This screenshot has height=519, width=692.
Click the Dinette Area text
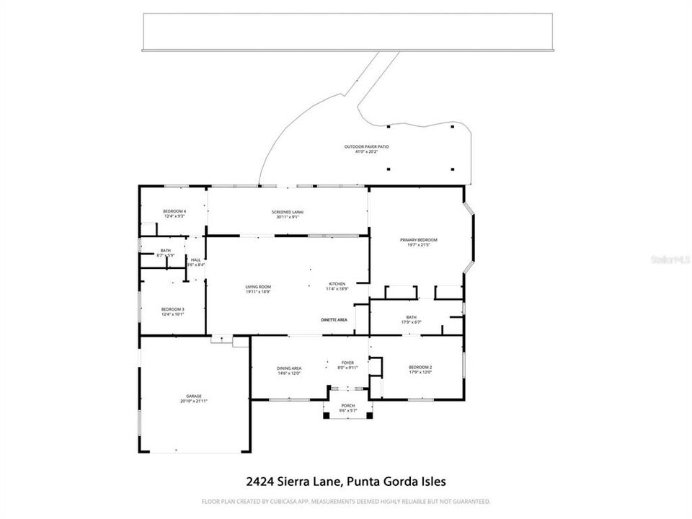(334, 319)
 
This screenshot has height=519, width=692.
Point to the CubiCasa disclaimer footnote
(346, 501)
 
